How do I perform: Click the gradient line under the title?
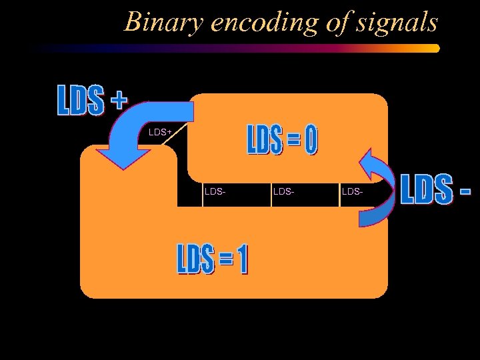click(267, 48)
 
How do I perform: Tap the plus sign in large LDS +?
click(118, 99)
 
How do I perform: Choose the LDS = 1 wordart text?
click(212, 258)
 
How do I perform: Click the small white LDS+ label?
click(160, 133)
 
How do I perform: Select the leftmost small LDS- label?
click(215, 192)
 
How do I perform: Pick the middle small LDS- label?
click(283, 192)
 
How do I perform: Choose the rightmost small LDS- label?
click(352, 192)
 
